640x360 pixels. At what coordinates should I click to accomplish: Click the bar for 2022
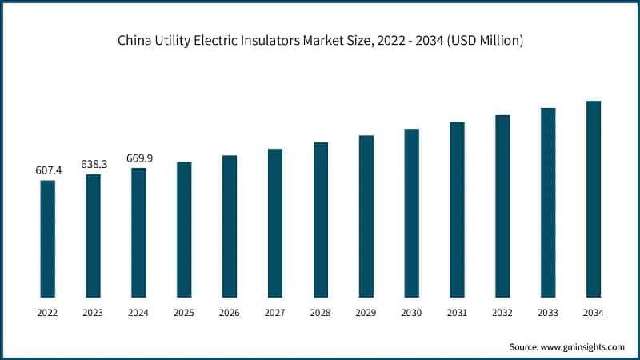48,238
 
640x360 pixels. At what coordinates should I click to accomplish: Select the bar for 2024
139,233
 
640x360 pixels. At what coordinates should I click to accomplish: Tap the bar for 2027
275,223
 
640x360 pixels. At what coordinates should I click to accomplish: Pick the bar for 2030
412,213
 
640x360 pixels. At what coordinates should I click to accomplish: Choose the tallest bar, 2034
594,199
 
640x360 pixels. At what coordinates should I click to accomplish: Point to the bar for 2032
502,206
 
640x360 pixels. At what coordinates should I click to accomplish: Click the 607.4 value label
48,170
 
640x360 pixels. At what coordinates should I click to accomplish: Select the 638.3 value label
94,164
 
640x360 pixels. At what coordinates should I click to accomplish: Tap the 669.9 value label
139,158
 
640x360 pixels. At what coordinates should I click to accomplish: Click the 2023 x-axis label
94,312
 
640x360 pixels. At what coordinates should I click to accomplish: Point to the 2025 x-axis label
184,312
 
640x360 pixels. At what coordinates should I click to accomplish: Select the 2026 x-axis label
230,312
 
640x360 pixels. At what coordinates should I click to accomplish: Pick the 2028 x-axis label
321,312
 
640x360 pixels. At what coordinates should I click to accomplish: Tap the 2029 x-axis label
366,312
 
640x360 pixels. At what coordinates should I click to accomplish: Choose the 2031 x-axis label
457,312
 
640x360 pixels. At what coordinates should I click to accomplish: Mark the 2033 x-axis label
548,312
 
